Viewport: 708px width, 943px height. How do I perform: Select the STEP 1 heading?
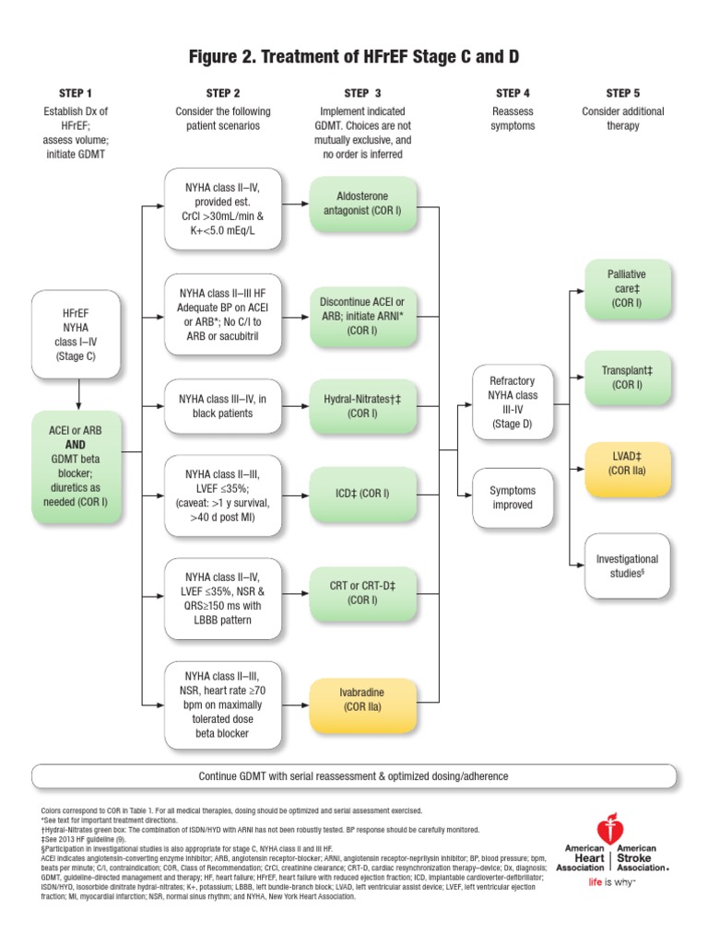tap(75, 93)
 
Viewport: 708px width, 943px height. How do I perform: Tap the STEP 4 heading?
tap(513, 93)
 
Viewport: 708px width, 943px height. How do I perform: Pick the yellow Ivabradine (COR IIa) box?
tap(364, 699)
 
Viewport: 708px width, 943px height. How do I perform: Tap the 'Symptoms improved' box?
tap(513, 497)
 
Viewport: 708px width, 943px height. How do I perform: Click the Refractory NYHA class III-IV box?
tap(513, 402)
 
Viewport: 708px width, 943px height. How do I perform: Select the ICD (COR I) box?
tap(364, 494)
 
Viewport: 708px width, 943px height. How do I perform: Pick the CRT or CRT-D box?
tap(364, 592)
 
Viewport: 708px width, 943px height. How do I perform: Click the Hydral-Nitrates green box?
tap(364, 406)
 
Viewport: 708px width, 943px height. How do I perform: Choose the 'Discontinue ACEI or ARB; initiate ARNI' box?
tap(364, 315)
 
